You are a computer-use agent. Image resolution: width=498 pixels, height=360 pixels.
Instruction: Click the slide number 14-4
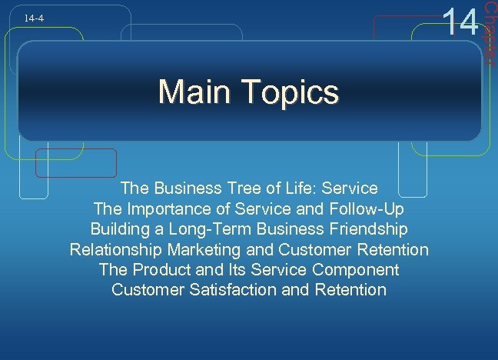coord(32,16)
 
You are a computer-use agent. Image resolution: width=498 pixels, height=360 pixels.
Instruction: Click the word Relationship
coord(118,249)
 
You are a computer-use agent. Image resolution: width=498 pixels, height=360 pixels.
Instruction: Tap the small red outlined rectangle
coord(88,164)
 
